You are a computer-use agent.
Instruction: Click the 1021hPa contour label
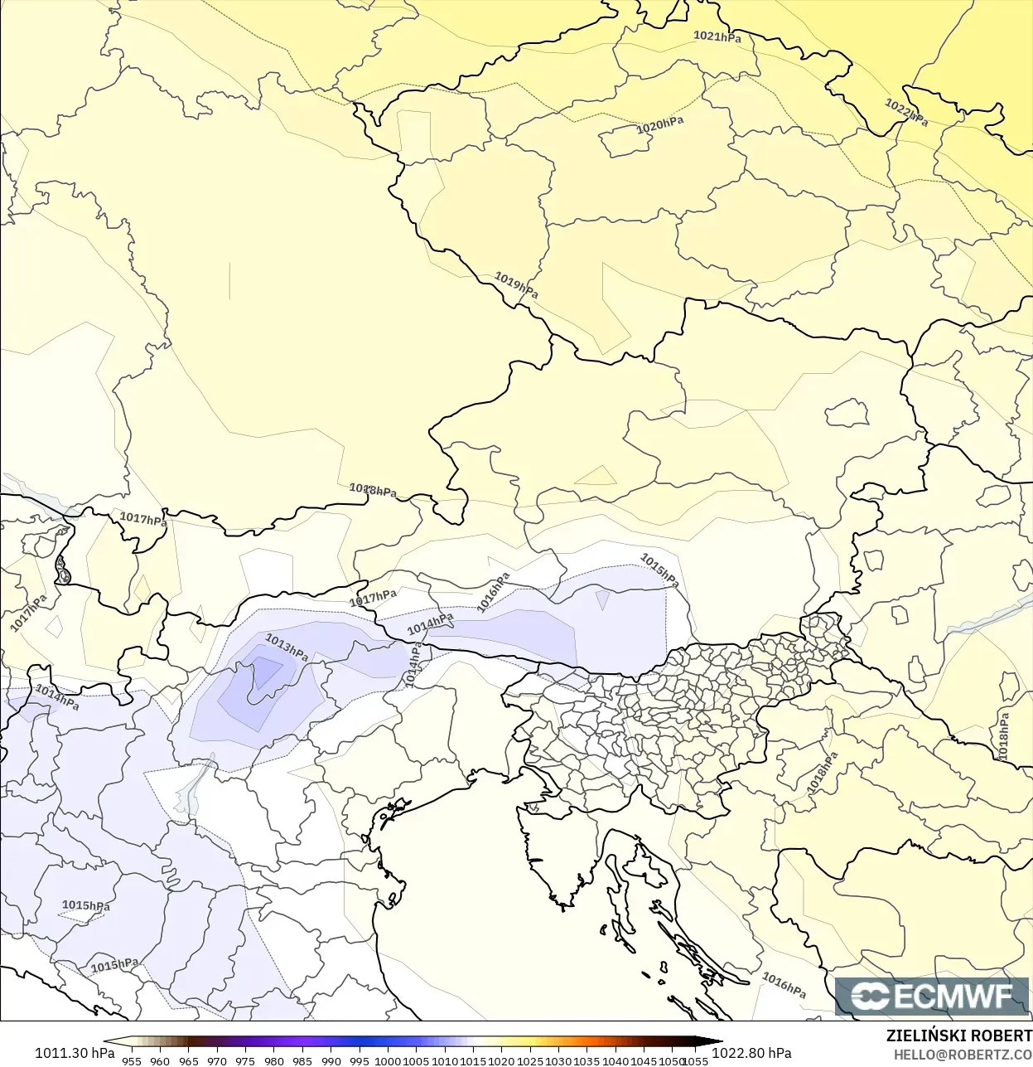[717, 36]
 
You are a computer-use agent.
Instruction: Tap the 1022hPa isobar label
[906, 112]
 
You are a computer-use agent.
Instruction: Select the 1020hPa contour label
[660, 125]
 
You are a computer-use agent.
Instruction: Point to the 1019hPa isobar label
[516, 285]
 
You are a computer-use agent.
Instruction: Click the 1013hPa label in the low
[287, 647]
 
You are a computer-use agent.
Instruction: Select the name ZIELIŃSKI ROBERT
[958, 1035]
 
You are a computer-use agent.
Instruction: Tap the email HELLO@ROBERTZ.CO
[963, 1055]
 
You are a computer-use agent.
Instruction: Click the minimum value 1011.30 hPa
[75, 1053]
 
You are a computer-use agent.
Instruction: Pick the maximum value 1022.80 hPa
[751, 1053]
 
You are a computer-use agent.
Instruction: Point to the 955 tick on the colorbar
[132, 1061]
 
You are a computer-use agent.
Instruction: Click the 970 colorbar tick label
[217, 1061]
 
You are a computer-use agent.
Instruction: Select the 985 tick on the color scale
[302, 1061]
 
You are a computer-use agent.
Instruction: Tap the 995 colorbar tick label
[360, 1061]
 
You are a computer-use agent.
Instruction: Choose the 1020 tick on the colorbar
[502, 1061]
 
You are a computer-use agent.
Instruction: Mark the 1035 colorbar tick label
[586, 1061]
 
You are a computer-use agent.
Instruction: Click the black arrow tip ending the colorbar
[717, 1042]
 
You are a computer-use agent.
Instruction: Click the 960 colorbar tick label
[160, 1061]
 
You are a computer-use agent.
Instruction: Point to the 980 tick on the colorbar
[274, 1061]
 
